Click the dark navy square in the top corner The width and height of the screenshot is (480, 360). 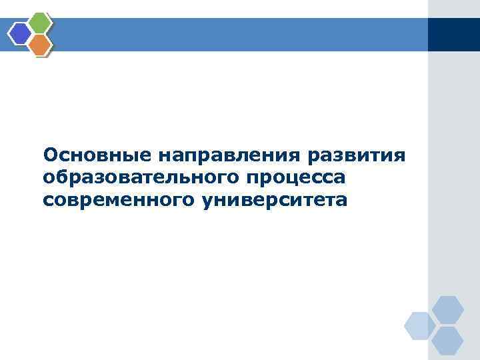[453, 34]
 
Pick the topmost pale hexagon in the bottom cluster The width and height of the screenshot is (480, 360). [447, 309]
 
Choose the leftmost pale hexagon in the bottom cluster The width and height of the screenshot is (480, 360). [420, 325]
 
